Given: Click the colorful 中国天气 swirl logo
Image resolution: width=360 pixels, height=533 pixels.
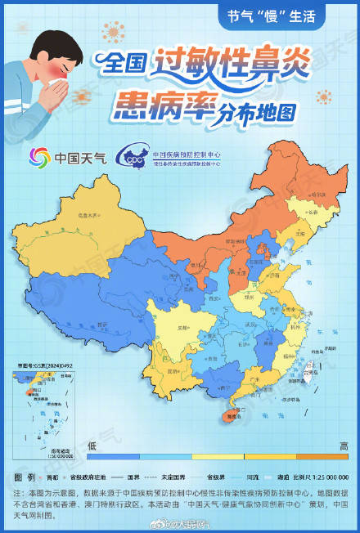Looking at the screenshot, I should pos(41,156).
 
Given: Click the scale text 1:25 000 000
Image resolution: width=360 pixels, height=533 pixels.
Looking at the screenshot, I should pos(328,476).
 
